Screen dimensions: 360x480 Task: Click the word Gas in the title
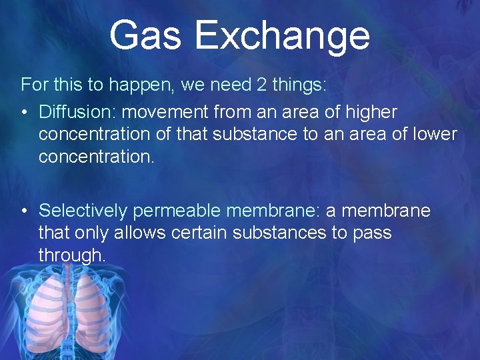pos(145,35)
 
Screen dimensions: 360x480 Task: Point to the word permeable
pos(177,211)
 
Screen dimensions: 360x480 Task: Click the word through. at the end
pos(72,256)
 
